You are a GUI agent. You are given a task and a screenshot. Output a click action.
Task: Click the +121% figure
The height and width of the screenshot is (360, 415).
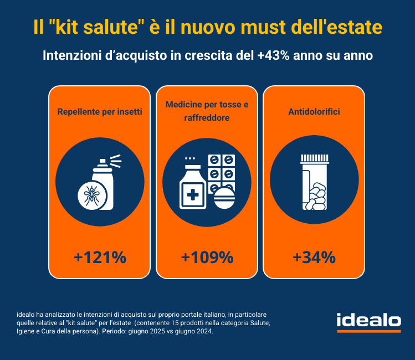[x=100, y=257]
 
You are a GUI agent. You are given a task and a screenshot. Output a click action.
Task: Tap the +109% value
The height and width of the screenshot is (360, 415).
[x=207, y=257]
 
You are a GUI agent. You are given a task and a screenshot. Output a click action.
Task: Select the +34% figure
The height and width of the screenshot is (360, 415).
[x=314, y=257]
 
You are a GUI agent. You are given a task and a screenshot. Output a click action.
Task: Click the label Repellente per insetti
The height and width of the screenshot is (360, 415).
[x=100, y=112]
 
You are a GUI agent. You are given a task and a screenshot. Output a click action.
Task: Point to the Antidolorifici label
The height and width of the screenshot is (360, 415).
[x=314, y=112]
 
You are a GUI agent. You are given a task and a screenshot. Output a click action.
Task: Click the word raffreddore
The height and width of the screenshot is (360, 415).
[x=207, y=118]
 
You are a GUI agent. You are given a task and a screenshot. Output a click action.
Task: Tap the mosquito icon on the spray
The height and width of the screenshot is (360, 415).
[x=91, y=196]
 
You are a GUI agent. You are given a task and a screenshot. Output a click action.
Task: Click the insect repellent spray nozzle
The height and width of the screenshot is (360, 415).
[x=103, y=161]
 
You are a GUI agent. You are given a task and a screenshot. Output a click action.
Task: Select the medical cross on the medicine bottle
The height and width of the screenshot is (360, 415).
[x=193, y=195]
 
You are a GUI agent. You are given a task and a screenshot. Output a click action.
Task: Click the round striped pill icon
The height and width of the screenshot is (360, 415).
[x=224, y=198]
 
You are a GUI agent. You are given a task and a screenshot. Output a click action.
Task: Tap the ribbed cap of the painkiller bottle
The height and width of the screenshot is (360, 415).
[x=314, y=159]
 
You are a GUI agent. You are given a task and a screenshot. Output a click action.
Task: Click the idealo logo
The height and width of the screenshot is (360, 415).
[x=368, y=322]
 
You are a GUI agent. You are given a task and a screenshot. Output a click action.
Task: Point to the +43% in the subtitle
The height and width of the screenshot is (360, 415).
[x=273, y=55]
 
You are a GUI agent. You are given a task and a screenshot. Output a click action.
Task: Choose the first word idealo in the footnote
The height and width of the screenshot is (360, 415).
[x=25, y=315]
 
